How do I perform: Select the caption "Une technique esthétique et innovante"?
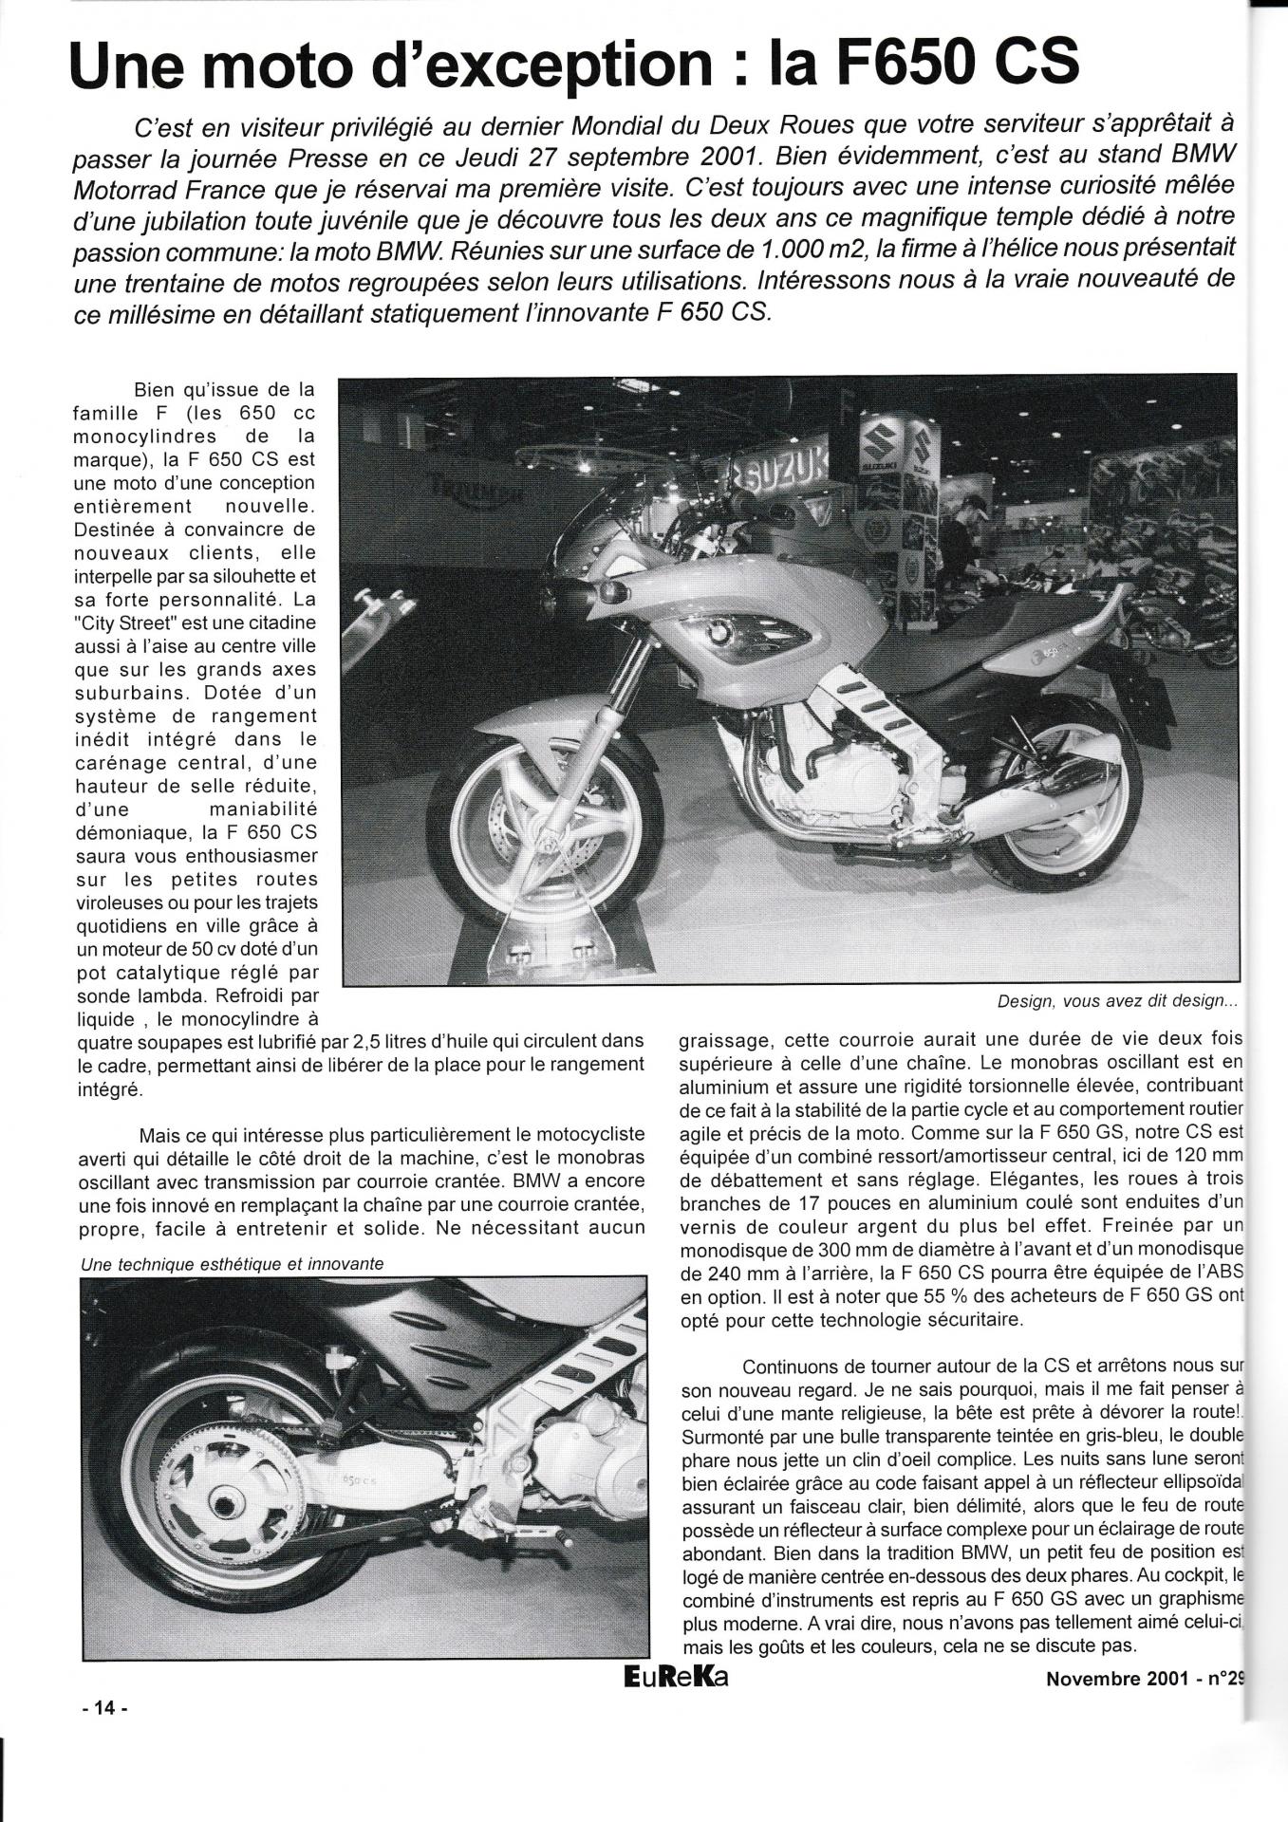[233, 1264]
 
